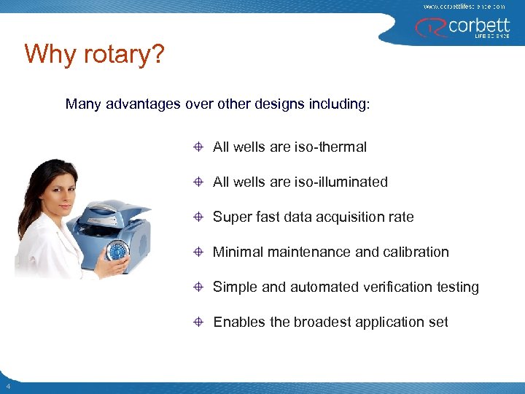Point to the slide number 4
[x=7, y=386]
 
